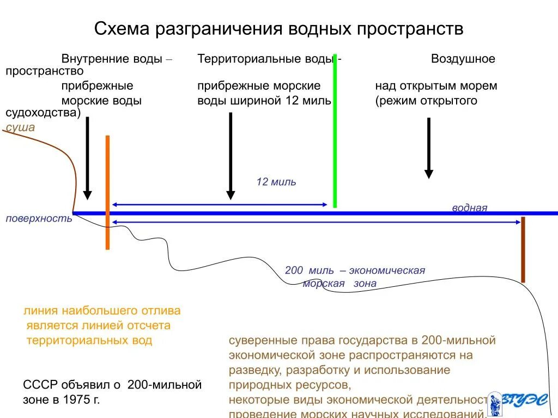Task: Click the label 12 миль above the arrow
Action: click(x=276, y=182)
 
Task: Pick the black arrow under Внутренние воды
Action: click(x=87, y=158)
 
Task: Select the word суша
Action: click(x=20, y=127)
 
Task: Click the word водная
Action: click(x=469, y=208)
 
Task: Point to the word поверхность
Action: click(x=39, y=218)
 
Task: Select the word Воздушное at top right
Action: click(x=463, y=59)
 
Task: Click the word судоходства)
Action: click(x=43, y=113)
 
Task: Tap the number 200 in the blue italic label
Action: click(x=294, y=271)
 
